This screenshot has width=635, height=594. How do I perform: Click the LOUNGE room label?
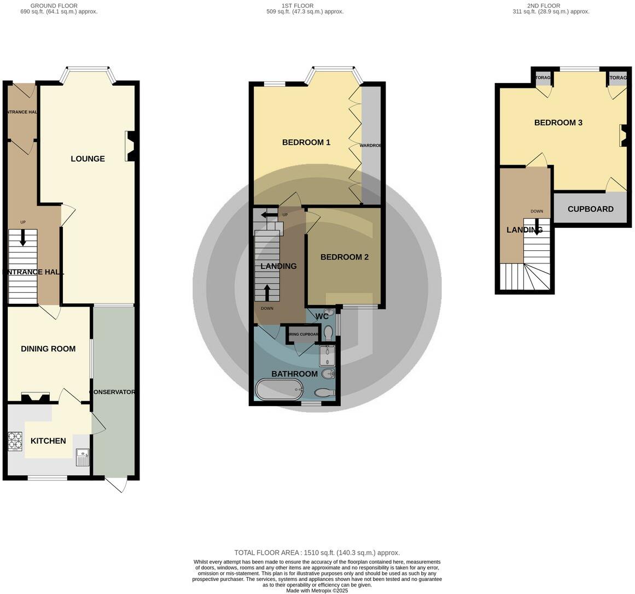tap(88, 159)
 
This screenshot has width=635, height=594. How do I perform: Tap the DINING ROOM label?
tap(48, 349)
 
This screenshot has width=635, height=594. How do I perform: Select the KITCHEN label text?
tap(48, 441)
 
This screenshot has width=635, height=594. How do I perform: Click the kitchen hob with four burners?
tap(15, 442)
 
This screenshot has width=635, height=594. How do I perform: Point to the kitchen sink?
tap(83, 456)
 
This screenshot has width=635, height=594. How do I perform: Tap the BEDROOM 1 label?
tap(306, 143)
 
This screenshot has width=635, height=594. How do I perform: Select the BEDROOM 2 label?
tap(344, 257)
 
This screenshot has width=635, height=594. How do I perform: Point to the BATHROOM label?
tap(295, 374)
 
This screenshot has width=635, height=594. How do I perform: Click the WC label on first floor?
tap(322, 316)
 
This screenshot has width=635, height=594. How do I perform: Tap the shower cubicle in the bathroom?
tap(328, 356)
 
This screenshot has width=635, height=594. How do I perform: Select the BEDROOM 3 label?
tap(558, 123)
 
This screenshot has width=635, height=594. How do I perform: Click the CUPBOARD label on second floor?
tap(590, 209)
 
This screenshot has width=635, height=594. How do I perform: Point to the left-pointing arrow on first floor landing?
tap(269, 215)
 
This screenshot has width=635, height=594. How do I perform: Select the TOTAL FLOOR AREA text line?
tap(317, 552)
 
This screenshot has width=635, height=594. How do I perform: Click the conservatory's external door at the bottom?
tap(116, 485)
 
